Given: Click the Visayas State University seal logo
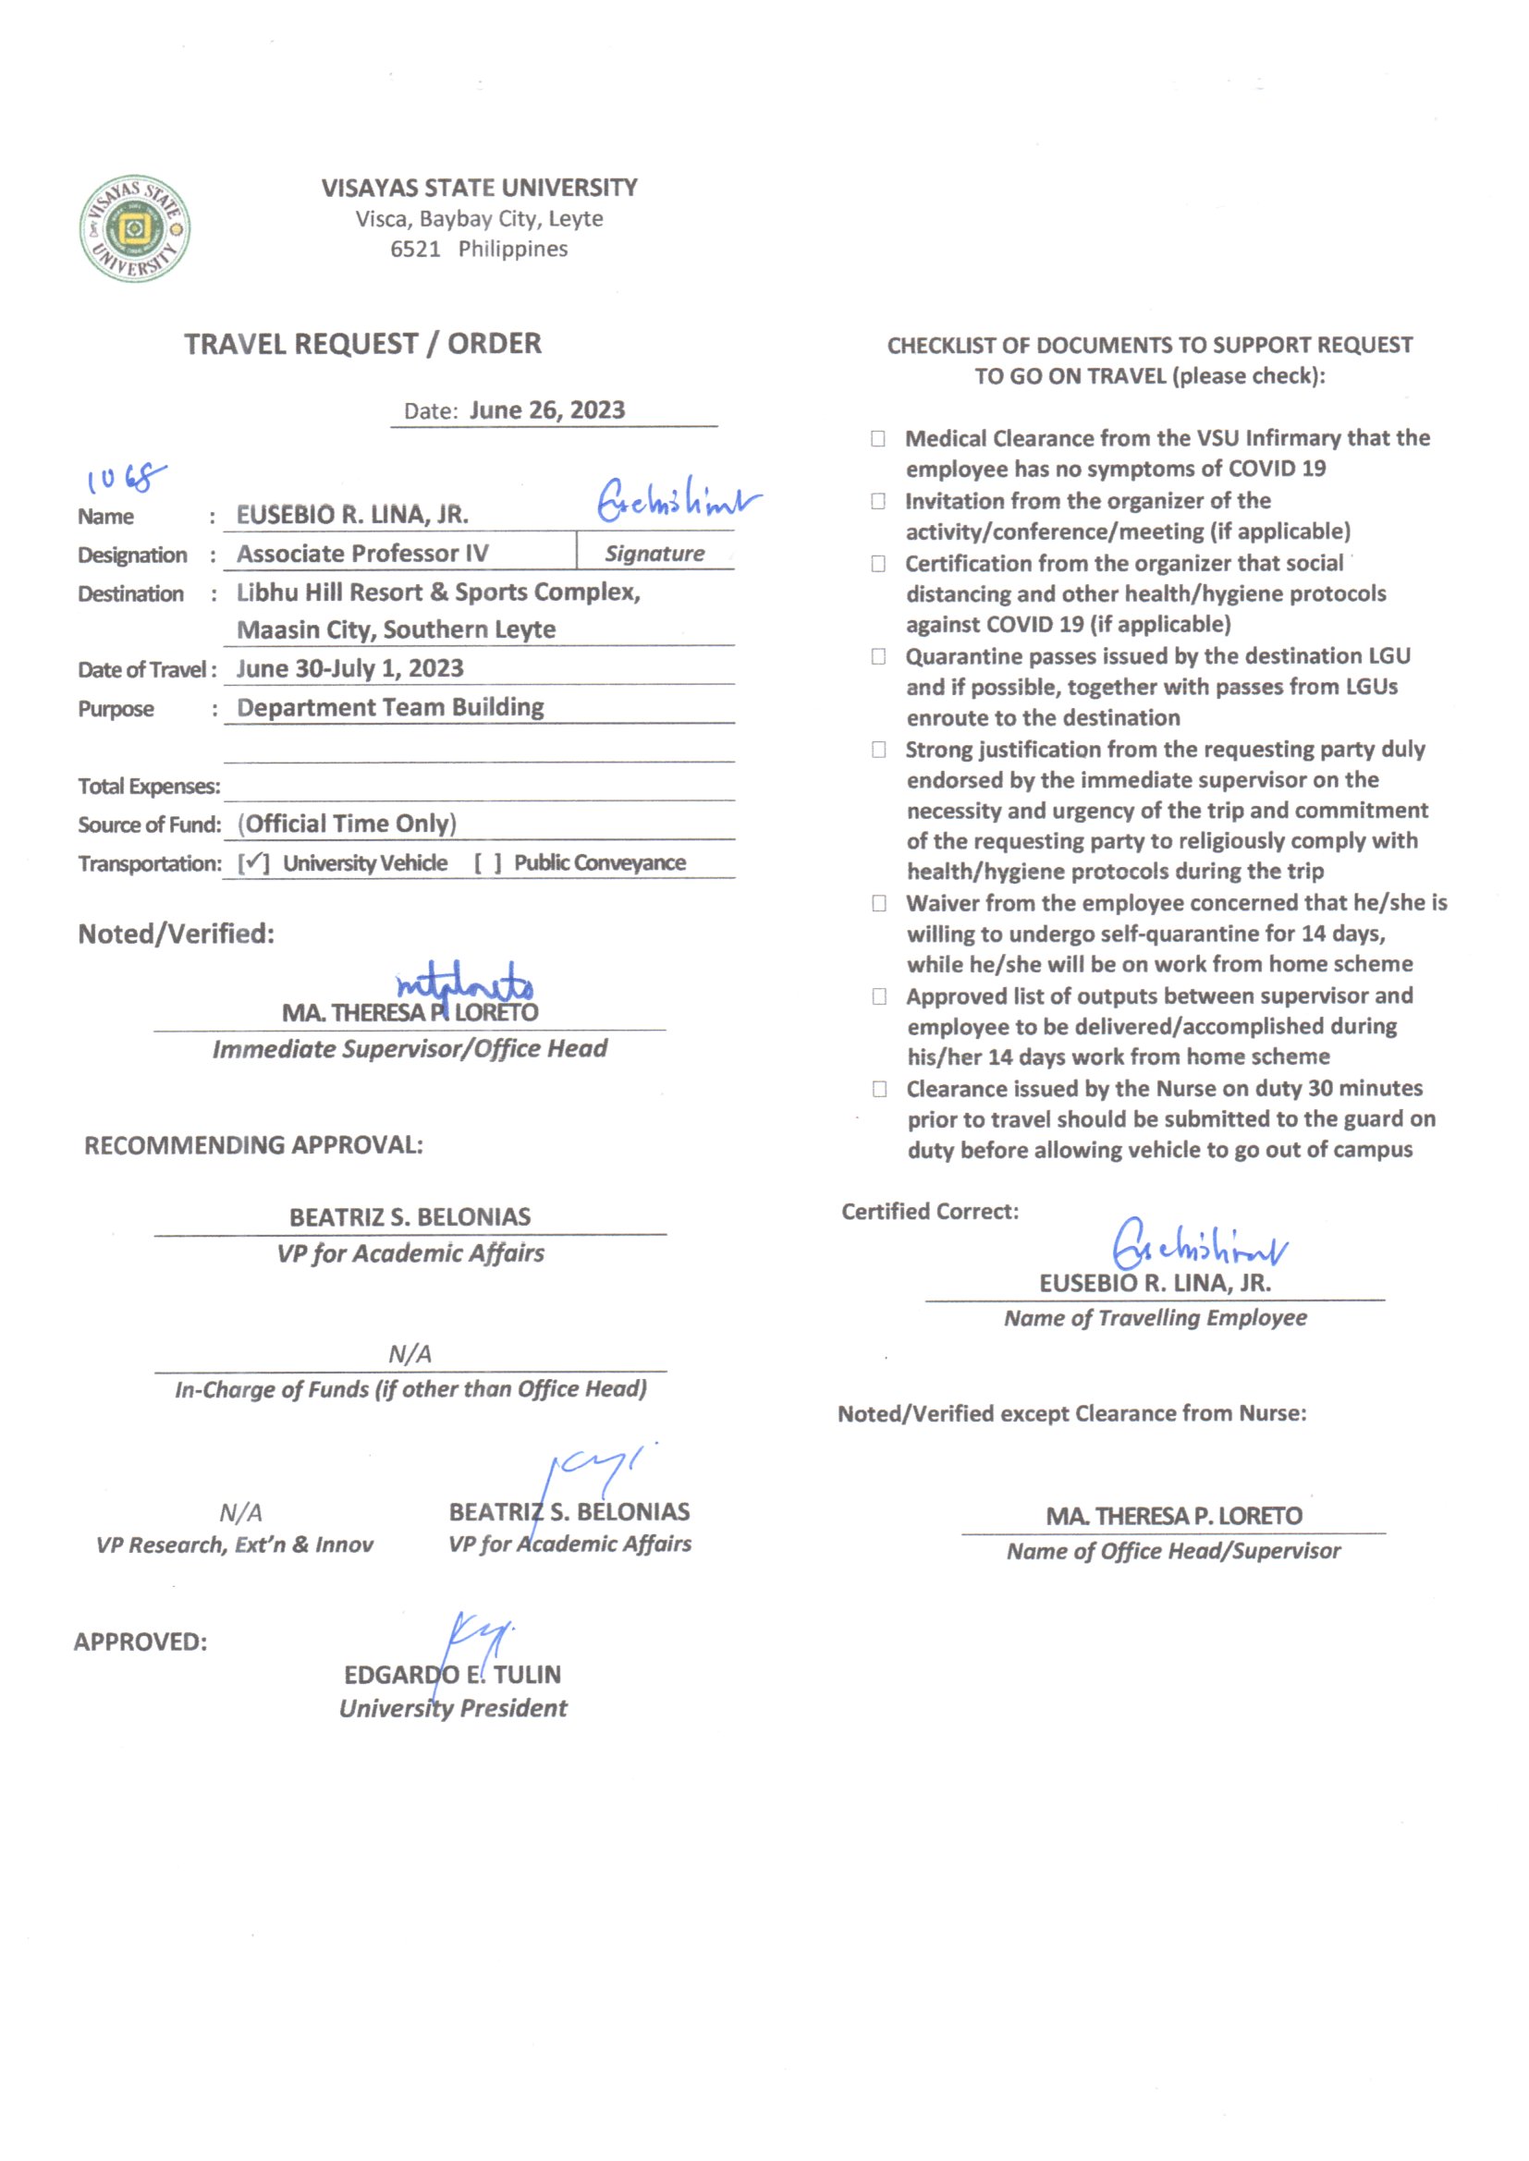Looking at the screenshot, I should [x=135, y=228].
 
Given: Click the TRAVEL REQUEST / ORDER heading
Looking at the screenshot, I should [x=362, y=344].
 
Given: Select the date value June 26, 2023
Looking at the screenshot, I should [x=547, y=410].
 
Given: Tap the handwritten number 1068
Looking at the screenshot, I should [x=125, y=478].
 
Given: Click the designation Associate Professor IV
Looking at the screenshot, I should [x=362, y=554].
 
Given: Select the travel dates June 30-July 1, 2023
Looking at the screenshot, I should [x=349, y=668].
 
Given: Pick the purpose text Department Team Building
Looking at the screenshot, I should [x=390, y=707].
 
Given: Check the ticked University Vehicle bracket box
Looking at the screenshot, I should [x=253, y=863].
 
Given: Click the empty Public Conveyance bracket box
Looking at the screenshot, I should [x=488, y=863].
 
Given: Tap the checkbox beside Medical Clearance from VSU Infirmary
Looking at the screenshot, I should [x=878, y=439].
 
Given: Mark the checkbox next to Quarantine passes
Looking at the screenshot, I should [x=878, y=656].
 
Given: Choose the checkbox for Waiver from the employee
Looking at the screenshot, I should [x=879, y=904].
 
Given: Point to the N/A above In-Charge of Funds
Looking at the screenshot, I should [x=410, y=1353].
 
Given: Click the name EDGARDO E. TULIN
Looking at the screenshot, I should [x=452, y=1675].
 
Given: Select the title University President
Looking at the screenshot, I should [x=453, y=1708].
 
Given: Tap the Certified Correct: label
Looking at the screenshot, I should [x=929, y=1212].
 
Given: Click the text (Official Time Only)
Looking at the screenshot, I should [x=348, y=824].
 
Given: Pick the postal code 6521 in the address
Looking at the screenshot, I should [x=415, y=250].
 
